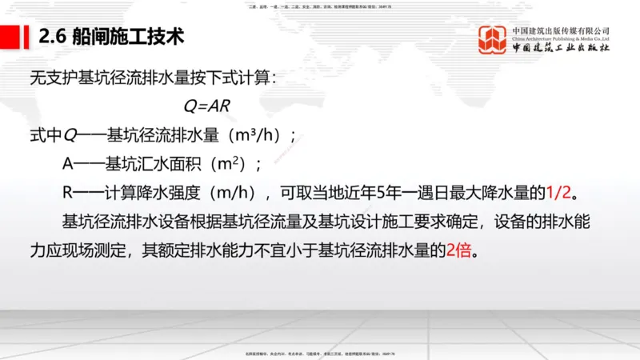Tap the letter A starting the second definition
pyautogui.click(x=68, y=163)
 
